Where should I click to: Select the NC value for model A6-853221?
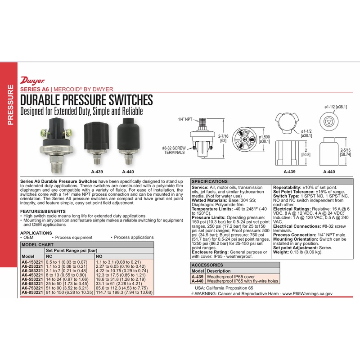(x=63, y=292)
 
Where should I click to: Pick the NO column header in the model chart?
(x=99, y=256)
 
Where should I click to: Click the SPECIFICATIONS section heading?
(x=209, y=181)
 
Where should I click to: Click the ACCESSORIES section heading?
(x=207, y=265)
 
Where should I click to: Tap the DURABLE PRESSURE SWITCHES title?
(x=86, y=99)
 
